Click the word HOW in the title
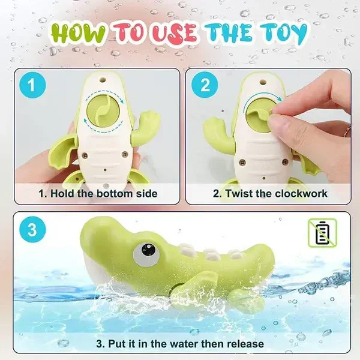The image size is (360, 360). pyautogui.click(x=78, y=34)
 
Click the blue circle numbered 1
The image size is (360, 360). pyautogui.click(x=32, y=85)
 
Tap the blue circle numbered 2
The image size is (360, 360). pyautogui.click(x=205, y=85)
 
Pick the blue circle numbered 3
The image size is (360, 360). pyautogui.click(x=32, y=230)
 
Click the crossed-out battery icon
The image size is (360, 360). pyautogui.click(x=322, y=233)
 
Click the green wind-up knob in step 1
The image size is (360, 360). pyautogui.click(x=103, y=112)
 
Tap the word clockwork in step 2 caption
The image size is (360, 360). pyautogui.click(x=301, y=194)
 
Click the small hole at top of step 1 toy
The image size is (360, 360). pyautogui.click(x=103, y=80)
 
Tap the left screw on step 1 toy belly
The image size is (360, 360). pyautogui.click(x=85, y=155)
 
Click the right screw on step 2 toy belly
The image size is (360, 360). pyautogui.click(x=285, y=161)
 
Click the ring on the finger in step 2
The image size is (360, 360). pyautogui.click(x=348, y=131)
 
